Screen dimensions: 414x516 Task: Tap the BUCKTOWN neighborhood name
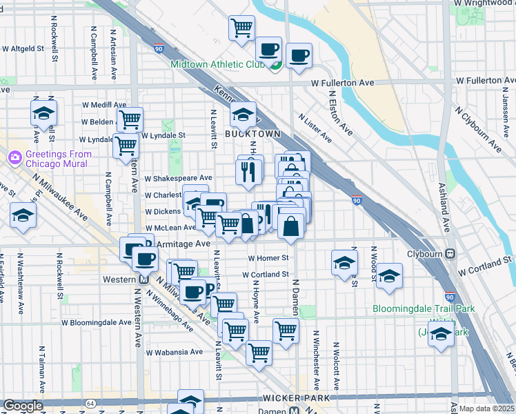click(256, 134)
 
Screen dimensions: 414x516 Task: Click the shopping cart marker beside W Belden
click(129, 119)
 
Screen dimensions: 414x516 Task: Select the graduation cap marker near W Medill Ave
click(43, 112)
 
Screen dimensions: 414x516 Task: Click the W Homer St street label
click(268, 258)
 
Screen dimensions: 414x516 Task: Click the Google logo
click(23, 406)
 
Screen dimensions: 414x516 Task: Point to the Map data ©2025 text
click(487, 408)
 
